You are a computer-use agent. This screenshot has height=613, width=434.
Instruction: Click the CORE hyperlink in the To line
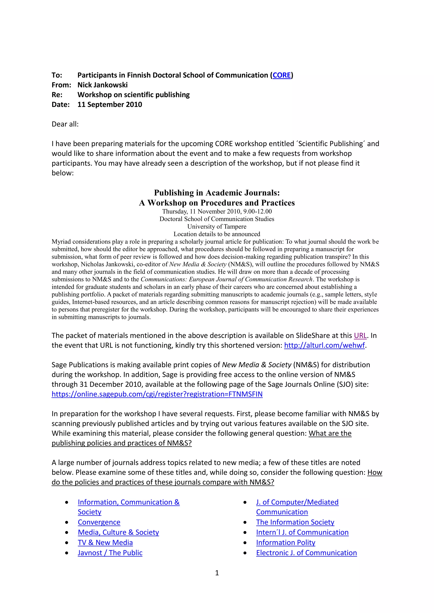pos(281,75)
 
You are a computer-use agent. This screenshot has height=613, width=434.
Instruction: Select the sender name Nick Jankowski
pos(102,85)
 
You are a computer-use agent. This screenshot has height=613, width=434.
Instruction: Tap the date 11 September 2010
pos(110,104)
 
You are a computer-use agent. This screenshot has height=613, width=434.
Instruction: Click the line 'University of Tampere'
pos(217,226)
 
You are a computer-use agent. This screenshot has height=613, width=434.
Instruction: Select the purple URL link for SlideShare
pos(360,335)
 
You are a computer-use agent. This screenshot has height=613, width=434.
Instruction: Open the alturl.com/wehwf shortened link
pos(324,345)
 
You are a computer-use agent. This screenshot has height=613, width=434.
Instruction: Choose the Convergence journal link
pos(99,522)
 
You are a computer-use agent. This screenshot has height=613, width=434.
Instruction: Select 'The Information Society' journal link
pos(295,522)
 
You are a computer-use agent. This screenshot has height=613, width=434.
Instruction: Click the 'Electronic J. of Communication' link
pos(306,553)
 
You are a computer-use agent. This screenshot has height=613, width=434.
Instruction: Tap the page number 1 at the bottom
pos(217,573)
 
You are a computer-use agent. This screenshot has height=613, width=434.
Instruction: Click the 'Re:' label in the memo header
pos(57,95)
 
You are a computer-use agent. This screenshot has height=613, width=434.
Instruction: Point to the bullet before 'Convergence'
pos(67,522)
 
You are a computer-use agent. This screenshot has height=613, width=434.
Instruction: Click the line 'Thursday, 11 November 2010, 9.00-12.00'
pos(217,211)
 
